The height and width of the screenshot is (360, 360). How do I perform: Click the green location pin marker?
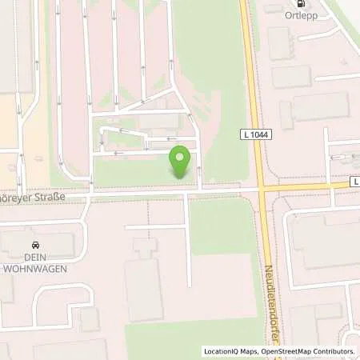point(180,162)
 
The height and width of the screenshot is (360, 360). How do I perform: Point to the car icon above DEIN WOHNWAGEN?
point(34,244)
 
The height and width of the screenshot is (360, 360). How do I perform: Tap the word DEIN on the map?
point(34,258)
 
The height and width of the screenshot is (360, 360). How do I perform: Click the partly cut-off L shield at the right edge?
point(355,182)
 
